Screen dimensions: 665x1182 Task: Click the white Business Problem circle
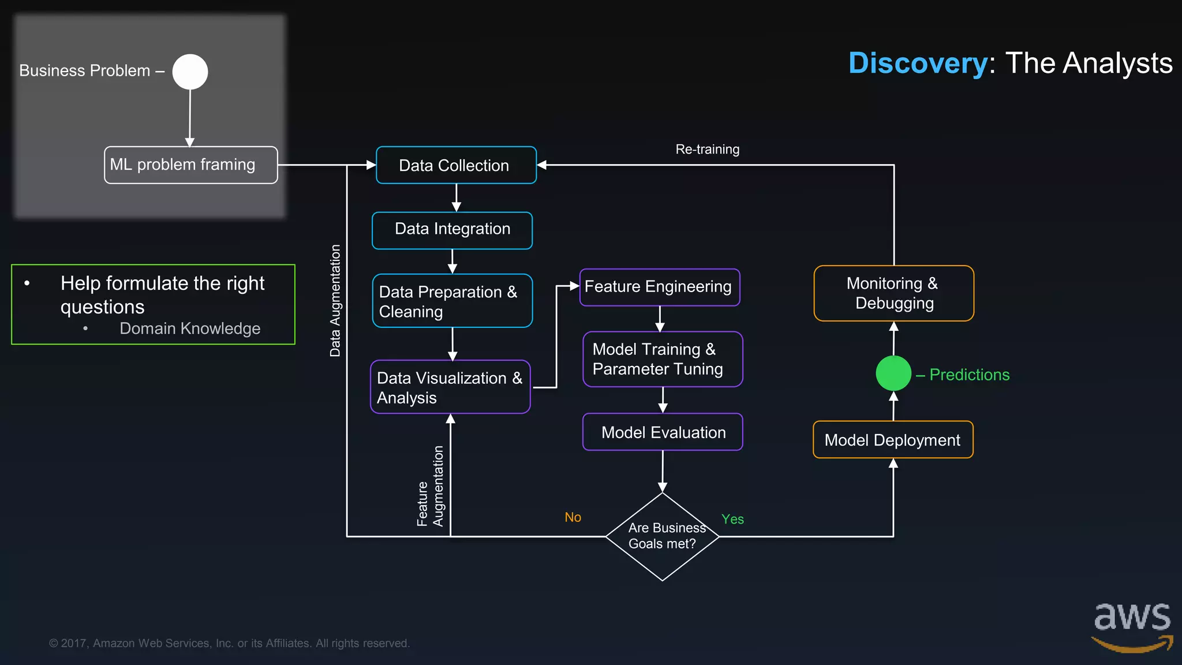point(190,72)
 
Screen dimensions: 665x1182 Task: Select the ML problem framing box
point(190,165)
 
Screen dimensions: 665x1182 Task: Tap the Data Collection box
point(456,165)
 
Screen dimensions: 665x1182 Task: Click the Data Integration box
point(452,230)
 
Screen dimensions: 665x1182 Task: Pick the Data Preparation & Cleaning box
point(452,301)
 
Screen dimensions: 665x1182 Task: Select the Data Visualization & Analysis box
point(450,387)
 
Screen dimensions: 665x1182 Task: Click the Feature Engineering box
point(659,287)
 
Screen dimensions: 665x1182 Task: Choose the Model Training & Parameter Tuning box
point(663,359)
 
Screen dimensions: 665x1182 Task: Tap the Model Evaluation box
point(663,432)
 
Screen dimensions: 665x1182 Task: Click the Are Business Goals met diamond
point(662,536)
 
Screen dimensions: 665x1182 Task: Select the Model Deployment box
point(893,440)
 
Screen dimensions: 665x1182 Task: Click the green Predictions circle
point(893,373)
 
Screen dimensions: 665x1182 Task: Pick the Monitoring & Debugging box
point(893,293)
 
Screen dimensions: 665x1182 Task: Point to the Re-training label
point(707,150)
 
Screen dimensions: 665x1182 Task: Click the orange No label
point(573,517)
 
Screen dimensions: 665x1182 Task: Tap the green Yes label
point(732,519)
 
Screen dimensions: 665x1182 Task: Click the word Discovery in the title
point(918,63)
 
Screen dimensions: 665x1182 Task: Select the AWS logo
point(1132,626)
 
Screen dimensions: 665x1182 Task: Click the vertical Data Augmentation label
point(335,300)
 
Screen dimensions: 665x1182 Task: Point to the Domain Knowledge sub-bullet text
point(190,328)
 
